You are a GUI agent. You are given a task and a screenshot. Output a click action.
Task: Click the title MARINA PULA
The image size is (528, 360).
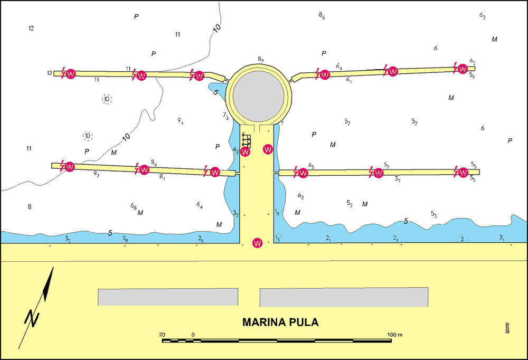[280, 322]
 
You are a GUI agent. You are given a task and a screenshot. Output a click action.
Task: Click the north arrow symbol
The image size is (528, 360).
[36, 307]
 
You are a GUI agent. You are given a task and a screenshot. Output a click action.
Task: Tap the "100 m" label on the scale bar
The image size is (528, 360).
[394, 335]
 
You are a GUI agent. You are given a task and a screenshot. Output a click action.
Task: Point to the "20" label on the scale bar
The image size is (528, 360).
[162, 335]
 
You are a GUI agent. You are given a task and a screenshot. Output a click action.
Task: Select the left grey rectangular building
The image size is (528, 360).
[168, 297]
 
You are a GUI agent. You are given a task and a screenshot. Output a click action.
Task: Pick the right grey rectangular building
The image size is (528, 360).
[344, 297]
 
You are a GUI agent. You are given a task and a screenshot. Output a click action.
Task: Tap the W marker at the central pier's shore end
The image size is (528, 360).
[258, 243]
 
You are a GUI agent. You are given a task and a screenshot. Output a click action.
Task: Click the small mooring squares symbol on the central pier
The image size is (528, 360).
[247, 140]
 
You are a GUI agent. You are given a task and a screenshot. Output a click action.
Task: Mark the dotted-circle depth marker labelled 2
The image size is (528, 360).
[462, 239]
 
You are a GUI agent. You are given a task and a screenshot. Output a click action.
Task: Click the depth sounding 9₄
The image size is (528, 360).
[181, 120]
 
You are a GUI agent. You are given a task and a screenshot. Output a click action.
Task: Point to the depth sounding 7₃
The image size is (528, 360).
[225, 116]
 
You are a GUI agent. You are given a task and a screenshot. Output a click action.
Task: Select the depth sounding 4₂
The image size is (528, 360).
[235, 150]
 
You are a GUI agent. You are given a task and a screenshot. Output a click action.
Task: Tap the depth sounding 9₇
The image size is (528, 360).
[96, 174]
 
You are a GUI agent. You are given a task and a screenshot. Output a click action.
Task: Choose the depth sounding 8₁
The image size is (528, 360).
[162, 176]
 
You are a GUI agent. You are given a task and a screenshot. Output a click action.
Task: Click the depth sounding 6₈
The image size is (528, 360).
[134, 205]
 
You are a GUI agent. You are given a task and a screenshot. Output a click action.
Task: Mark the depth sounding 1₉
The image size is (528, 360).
[277, 212]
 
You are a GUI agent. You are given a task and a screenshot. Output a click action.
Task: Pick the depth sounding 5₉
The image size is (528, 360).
[472, 75]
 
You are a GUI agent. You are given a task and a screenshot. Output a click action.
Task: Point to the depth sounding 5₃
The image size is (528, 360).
[433, 214]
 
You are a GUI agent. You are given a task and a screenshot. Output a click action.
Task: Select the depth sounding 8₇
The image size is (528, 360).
[261, 59]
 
